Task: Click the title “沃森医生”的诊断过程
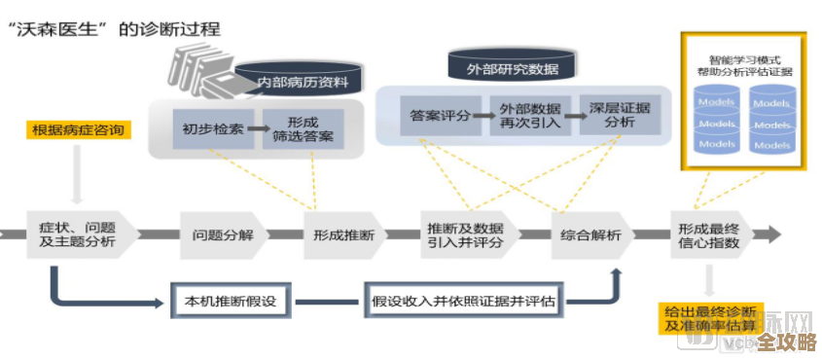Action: (114, 29)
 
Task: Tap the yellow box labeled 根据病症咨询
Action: (78, 130)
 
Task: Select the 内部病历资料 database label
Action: (303, 82)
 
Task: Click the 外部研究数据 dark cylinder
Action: (512, 69)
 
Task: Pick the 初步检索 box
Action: (208, 128)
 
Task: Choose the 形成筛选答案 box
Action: (304, 128)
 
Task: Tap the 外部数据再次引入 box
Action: (530, 116)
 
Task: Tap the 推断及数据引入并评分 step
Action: (464, 234)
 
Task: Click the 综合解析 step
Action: (589, 234)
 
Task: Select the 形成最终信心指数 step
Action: (714, 234)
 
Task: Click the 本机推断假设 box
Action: (231, 301)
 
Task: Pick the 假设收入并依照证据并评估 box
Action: (463, 301)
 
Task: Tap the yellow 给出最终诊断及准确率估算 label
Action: (709, 318)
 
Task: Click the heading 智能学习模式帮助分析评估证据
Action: (744, 64)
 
